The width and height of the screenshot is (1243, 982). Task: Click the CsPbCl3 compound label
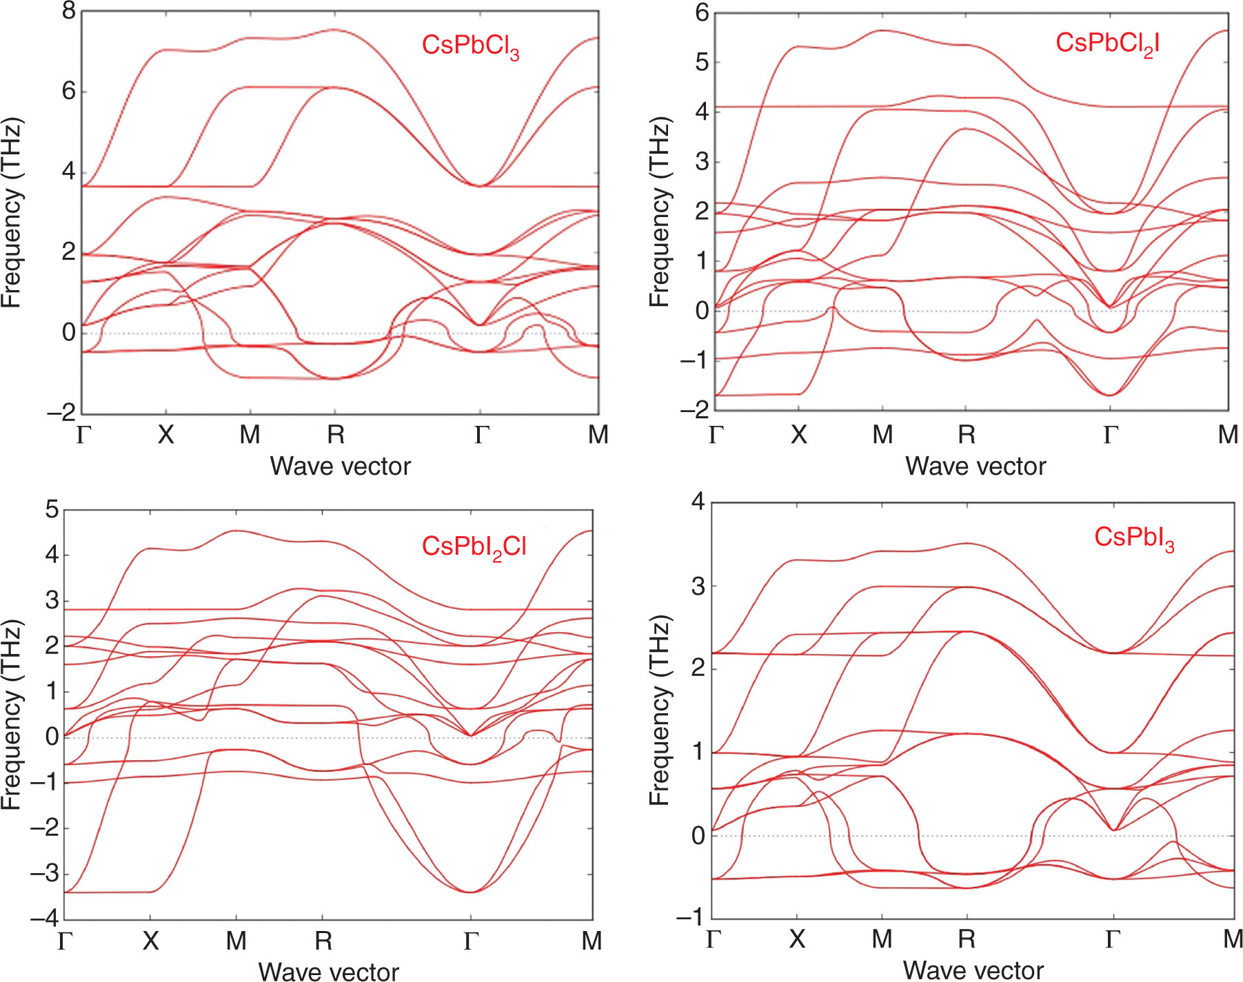470,46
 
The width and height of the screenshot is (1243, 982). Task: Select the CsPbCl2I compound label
1107,44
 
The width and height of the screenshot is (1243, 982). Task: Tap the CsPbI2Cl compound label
474,547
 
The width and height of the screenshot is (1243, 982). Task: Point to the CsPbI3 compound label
1134,538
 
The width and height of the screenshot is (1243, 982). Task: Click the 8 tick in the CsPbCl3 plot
68,12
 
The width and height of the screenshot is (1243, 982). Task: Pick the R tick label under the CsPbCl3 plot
335,435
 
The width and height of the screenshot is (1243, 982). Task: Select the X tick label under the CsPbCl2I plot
798,435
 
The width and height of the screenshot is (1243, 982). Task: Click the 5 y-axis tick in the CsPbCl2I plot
701,63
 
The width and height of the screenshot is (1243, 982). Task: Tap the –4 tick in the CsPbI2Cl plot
44,919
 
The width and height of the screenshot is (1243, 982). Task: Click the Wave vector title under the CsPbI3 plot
973,970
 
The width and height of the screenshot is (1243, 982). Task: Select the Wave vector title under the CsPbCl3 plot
340,467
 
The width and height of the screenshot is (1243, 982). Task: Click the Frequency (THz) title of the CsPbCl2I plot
659,212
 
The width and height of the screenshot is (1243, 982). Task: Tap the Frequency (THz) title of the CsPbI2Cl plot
12,715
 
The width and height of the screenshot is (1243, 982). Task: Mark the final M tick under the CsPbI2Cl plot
592,941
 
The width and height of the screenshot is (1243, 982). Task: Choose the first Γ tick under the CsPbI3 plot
714,939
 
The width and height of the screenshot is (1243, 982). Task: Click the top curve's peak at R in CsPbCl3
334,30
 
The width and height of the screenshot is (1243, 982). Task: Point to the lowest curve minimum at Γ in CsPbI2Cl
470,892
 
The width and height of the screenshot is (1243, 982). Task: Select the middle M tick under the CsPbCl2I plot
882,435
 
